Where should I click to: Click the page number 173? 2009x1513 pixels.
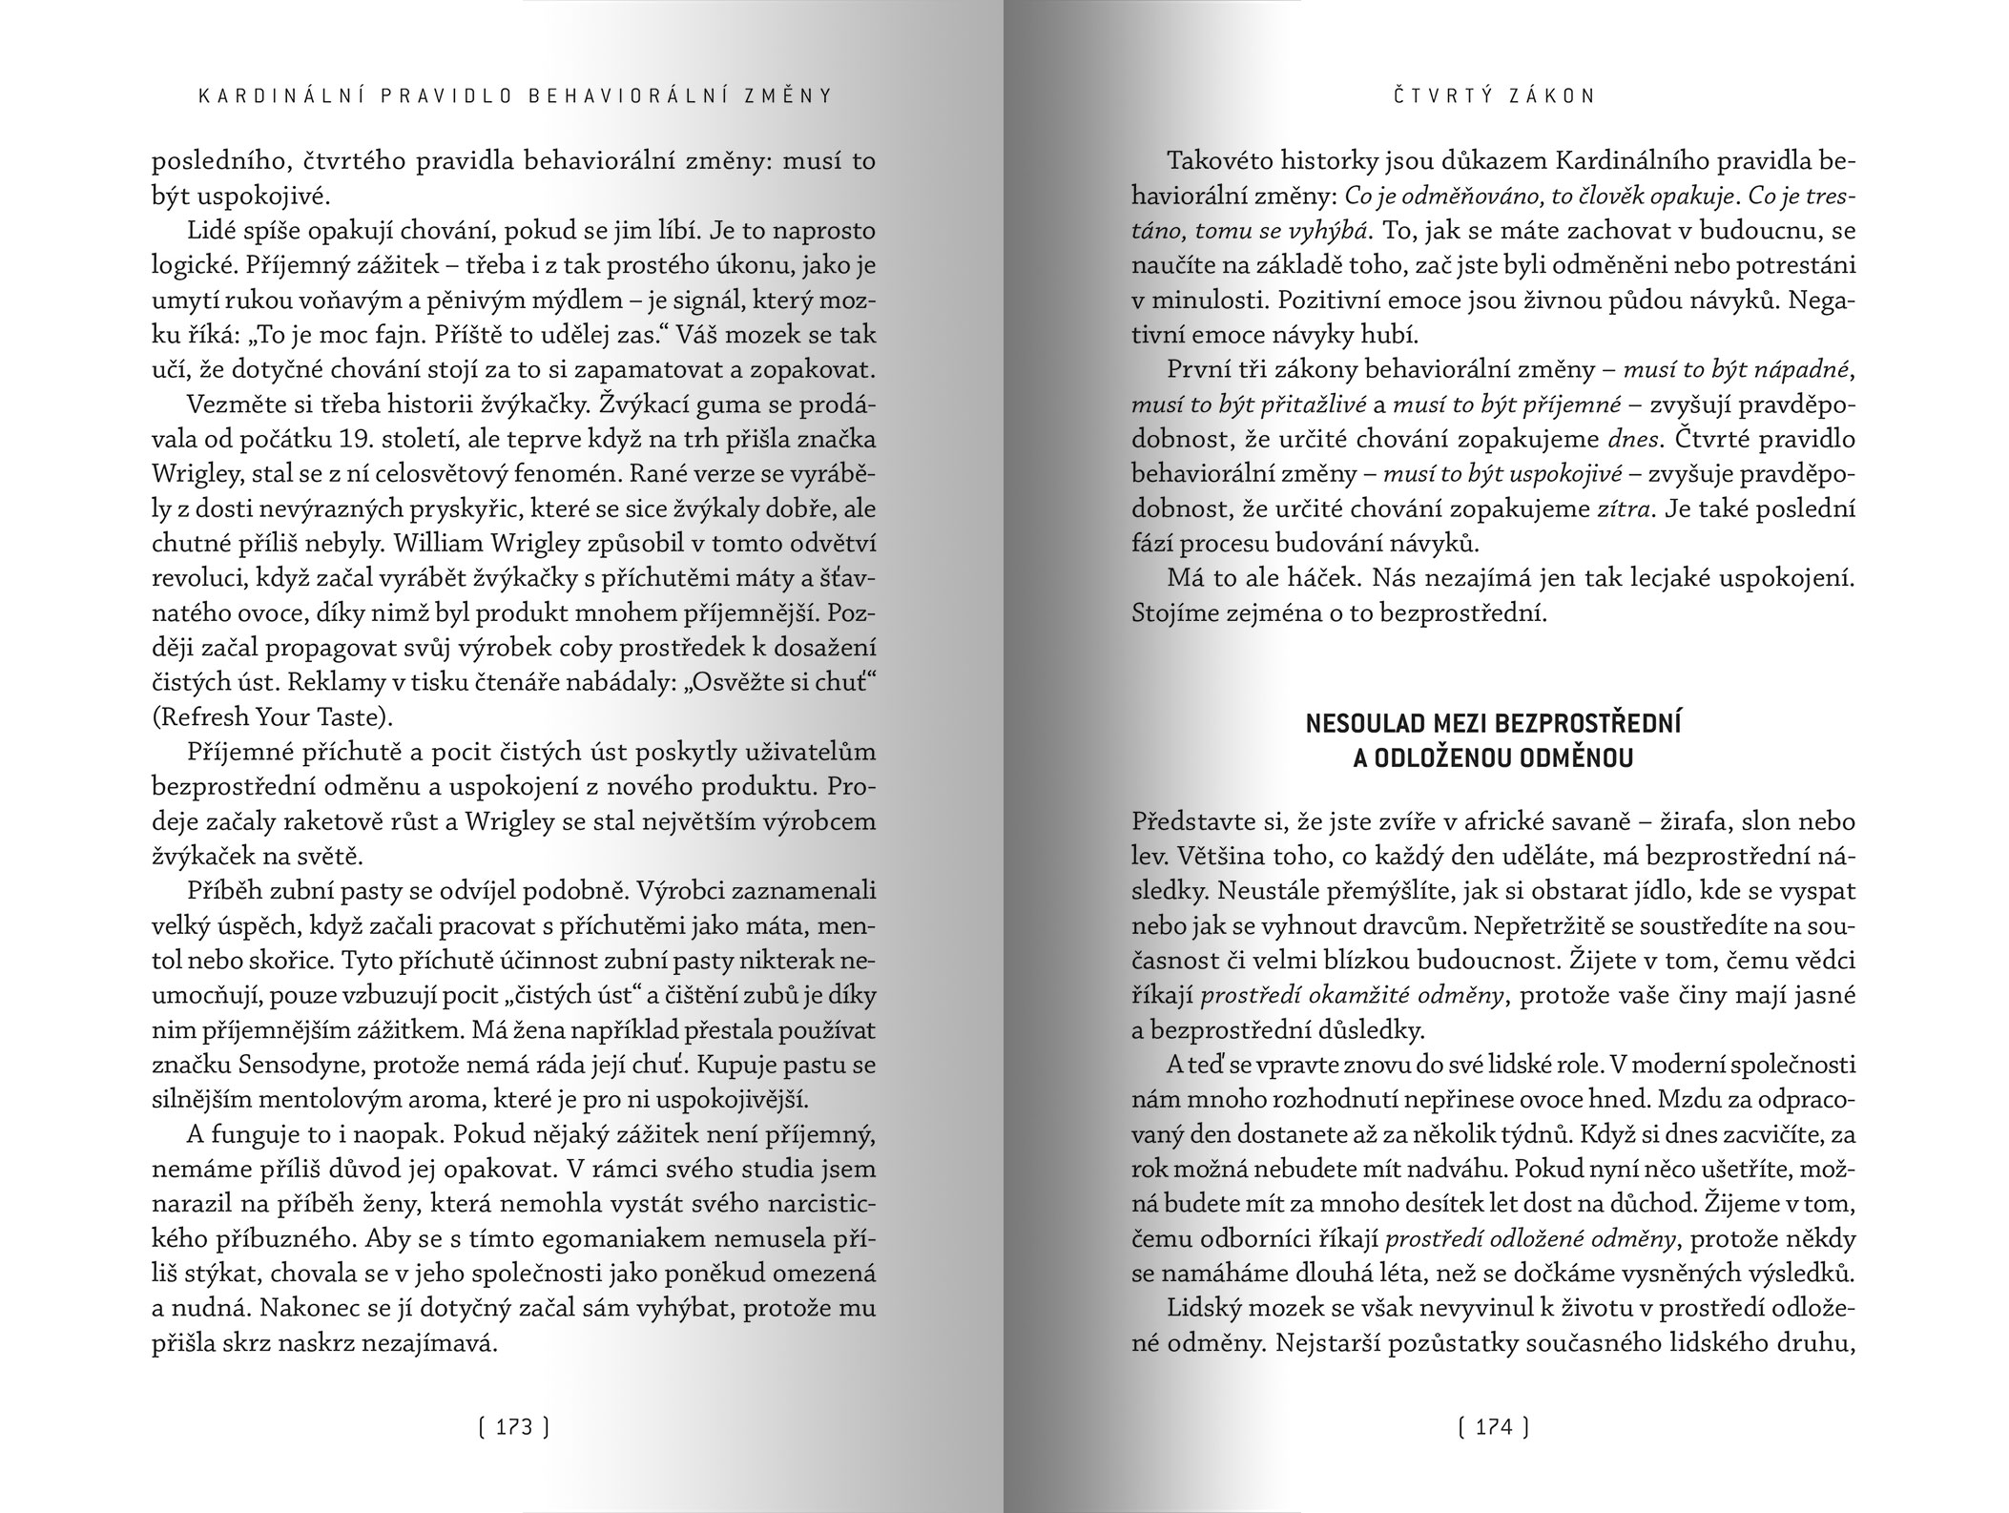(513, 1427)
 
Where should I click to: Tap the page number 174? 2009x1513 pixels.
(1494, 1427)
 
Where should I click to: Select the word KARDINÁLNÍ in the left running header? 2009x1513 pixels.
(251, 95)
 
